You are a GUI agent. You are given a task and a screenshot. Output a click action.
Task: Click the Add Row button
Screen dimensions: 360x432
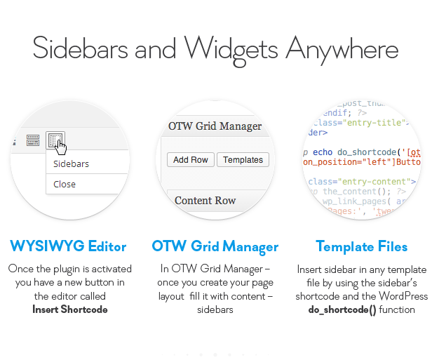pos(191,160)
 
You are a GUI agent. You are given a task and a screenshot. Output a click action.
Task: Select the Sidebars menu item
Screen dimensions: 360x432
pos(72,164)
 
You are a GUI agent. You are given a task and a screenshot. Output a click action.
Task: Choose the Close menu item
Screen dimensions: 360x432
pos(65,184)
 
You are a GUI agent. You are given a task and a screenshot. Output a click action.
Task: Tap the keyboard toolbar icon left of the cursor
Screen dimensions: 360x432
pos(33,140)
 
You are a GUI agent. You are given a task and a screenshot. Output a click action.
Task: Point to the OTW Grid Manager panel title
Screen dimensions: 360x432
pos(215,126)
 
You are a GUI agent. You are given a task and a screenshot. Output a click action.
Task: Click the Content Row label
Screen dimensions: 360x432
pos(205,200)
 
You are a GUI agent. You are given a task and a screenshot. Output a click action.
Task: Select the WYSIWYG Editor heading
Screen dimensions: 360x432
pos(68,246)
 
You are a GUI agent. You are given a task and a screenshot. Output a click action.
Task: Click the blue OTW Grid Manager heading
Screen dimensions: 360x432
pos(215,246)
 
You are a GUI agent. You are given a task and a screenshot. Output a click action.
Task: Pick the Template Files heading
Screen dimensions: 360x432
pos(361,246)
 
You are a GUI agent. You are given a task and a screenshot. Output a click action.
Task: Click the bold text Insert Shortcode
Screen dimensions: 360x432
pos(70,309)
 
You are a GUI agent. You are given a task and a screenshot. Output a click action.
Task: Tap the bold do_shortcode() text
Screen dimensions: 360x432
pos(342,309)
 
